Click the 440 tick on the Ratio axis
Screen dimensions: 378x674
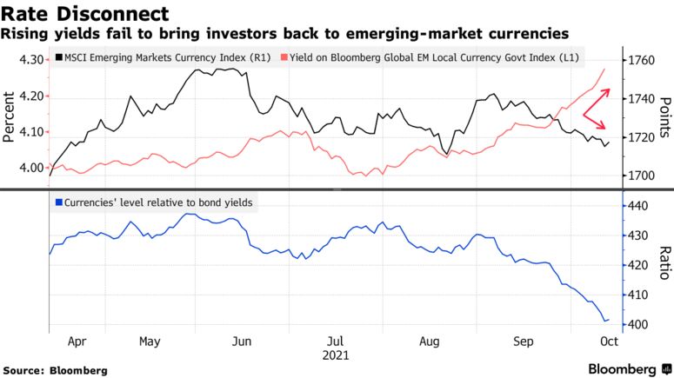(x=639, y=206)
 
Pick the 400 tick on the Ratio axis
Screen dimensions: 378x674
(x=639, y=324)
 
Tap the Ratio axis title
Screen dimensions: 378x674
(x=663, y=263)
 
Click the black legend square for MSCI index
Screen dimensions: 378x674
(x=57, y=57)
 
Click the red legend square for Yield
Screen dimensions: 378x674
(x=282, y=57)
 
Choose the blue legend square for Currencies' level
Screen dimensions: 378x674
(x=57, y=202)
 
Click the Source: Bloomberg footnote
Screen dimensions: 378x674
(x=55, y=370)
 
